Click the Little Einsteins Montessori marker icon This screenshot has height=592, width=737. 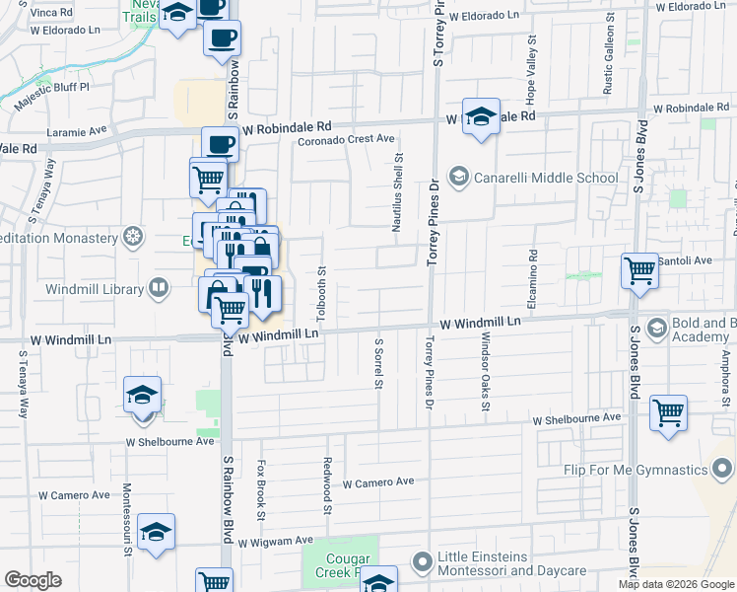click(x=423, y=562)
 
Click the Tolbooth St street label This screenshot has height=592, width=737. click(x=322, y=286)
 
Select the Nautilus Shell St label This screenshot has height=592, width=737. click(x=398, y=191)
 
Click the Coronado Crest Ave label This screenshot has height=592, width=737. click(x=347, y=140)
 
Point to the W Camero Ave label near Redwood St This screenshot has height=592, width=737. click(x=378, y=483)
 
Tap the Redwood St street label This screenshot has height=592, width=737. click(x=326, y=484)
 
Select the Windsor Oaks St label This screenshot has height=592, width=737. click(x=486, y=370)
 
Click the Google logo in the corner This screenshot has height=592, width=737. click(x=33, y=580)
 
